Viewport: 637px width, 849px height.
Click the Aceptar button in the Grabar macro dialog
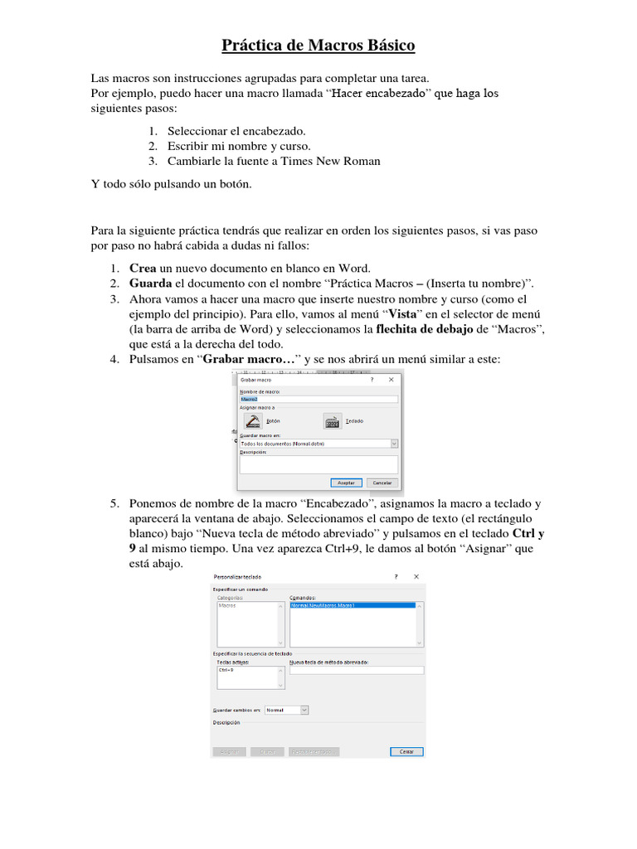pos(347,482)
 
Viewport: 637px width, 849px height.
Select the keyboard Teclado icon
pos(333,421)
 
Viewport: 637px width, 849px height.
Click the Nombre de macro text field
pos(318,399)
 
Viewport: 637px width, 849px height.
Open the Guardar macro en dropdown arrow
pos(394,444)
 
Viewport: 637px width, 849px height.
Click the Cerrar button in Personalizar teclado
pos(406,752)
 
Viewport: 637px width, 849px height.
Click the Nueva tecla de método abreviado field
pos(356,670)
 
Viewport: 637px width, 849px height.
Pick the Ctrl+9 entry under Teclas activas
pos(226,670)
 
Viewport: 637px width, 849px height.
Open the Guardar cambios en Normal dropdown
pos(304,710)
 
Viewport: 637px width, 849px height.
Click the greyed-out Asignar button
pos(229,752)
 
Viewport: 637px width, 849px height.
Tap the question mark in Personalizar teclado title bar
pos(396,575)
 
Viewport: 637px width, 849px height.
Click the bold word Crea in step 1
pos(143,268)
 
